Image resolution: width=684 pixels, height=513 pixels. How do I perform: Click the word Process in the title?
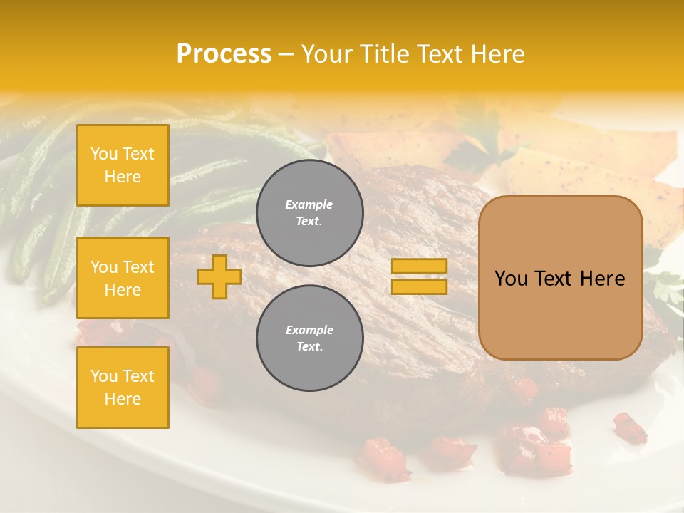pos(224,54)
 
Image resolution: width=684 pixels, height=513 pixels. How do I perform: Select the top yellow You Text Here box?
pos(123,165)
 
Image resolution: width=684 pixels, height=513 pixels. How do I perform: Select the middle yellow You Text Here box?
pos(123,278)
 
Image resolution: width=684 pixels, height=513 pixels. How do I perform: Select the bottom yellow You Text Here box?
pos(123,387)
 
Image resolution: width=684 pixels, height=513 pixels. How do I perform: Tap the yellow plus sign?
pos(219,277)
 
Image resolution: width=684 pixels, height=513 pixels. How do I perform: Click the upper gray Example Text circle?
pos(309,213)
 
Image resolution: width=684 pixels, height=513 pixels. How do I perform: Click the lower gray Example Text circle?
pos(309,338)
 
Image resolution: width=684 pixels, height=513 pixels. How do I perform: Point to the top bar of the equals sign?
pos(419,266)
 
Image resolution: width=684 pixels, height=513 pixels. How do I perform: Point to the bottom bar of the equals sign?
pos(419,286)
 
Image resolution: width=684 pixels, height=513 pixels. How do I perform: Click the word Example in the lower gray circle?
pos(309,330)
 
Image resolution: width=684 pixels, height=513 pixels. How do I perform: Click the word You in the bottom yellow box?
pos(104,375)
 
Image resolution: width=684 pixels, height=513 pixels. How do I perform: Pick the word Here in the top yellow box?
pos(123,177)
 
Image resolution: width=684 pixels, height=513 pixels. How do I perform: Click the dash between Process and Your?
pos(286,54)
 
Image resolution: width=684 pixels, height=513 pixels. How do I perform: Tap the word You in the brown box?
pos(511,279)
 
